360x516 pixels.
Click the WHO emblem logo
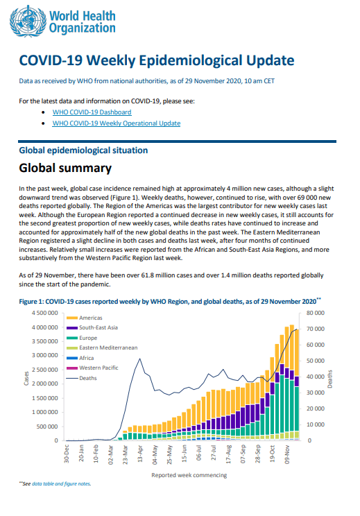[28, 21]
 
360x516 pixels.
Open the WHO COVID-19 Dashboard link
[92, 112]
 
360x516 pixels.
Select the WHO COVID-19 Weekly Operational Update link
[116, 123]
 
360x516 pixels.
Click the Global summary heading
[65, 168]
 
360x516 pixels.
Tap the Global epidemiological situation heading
[83, 150]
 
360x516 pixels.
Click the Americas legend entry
[84, 318]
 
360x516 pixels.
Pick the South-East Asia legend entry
[92, 328]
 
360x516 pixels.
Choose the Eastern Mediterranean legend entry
[102, 348]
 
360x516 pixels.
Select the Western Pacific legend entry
[92, 368]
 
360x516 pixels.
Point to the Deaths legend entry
[82, 378]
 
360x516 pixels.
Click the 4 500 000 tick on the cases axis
[45, 313]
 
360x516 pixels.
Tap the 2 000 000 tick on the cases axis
[45, 384]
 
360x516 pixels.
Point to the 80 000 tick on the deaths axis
[315, 313]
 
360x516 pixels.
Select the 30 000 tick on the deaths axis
[315, 393]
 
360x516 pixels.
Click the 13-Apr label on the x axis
[140, 454]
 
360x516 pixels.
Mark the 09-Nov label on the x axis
[287, 454]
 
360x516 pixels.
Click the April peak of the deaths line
[140, 359]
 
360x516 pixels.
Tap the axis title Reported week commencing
[189, 475]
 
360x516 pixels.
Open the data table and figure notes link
[61, 484]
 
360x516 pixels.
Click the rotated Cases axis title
[26, 379]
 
